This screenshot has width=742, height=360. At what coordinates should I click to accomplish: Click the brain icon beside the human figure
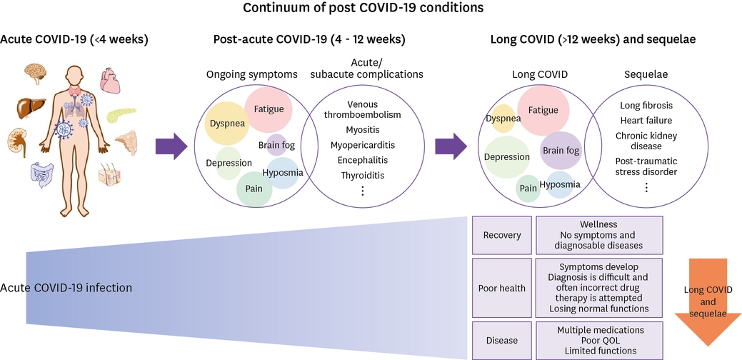coord(36,73)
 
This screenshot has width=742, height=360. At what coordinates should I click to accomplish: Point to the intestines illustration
coord(41,174)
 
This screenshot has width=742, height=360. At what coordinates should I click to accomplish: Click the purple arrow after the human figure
coord(171,146)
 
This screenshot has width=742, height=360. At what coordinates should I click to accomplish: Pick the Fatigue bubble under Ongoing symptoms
coord(269,109)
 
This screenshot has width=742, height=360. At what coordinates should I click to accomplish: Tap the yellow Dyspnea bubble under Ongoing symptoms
coord(228,123)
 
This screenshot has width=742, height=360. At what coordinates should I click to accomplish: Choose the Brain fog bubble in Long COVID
coord(561,150)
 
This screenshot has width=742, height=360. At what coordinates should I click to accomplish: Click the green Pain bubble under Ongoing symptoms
coord(254,189)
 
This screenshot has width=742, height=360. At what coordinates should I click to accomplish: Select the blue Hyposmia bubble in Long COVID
coord(560,185)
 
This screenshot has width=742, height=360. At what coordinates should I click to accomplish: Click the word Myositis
coord(363,129)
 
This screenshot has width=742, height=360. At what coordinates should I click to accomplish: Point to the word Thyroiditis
coord(363,174)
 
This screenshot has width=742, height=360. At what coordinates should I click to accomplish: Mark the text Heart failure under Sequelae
coord(646,120)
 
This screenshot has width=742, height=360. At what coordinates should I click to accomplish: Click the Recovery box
coord(501,235)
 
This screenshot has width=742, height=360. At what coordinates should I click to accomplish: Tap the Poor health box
coord(501,289)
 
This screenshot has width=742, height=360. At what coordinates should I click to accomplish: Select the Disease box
coord(501,340)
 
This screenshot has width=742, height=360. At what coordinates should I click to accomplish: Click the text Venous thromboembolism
coord(362,109)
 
